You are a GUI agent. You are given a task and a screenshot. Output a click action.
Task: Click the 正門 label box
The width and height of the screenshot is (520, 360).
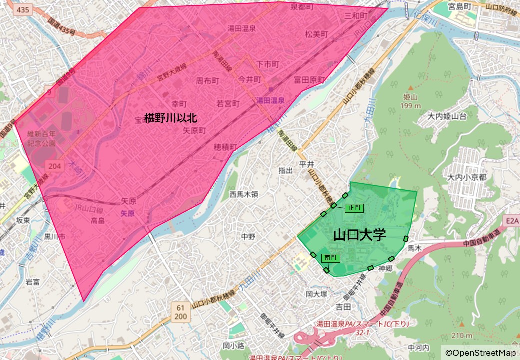(354, 207)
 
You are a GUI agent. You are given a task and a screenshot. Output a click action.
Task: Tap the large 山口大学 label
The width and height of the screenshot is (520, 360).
(360, 235)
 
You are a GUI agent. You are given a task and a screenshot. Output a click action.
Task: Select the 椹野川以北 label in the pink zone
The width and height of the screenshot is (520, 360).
(171, 118)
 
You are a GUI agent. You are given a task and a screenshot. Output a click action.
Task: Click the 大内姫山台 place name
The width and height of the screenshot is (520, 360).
(447, 116)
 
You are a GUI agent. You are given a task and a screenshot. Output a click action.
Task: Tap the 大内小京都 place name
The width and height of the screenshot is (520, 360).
(467, 177)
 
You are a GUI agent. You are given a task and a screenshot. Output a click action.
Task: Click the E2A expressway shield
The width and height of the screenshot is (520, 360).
(512, 220)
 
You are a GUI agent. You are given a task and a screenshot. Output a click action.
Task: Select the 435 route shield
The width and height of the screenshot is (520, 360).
(22, 9)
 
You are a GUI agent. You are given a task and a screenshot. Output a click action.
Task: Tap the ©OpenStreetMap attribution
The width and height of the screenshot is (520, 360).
(480, 353)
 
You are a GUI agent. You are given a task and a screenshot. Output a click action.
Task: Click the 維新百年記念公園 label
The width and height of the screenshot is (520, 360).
(42, 138)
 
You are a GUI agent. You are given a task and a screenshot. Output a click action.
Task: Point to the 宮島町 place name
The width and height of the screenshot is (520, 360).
(460, 7)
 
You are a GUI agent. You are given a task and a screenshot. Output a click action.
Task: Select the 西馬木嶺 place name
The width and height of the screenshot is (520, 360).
(244, 194)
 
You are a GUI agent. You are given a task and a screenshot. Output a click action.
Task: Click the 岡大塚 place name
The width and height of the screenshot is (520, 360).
(316, 294)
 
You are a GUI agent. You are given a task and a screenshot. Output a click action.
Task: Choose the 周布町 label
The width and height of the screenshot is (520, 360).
(207, 80)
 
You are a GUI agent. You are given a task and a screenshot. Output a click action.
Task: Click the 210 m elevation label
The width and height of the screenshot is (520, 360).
(460, 335)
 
